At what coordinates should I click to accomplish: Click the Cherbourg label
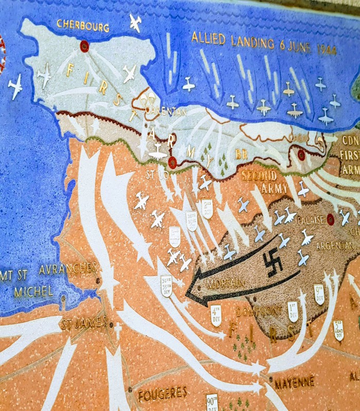pyautogui.click(x=83, y=25)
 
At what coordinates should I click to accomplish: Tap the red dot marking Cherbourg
pyautogui.click(x=84, y=46)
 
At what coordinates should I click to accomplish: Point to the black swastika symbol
pyautogui.click(x=273, y=263)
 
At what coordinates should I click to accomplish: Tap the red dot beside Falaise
pyautogui.click(x=330, y=219)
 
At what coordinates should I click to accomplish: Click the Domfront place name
pyautogui.click(x=259, y=311)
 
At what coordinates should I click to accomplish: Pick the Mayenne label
pyautogui.click(x=294, y=383)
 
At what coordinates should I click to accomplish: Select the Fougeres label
pyautogui.click(x=162, y=394)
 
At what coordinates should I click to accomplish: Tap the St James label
pyautogui.click(x=83, y=324)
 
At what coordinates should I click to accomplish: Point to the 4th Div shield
pyautogui.click(x=216, y=315)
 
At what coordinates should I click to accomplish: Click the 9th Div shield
pyautogui.click(x=319, y=294)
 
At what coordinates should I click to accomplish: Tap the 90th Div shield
pyautogui.click(x=212, y=402)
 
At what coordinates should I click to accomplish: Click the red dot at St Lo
pyautogui.click(x=172, y=162)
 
